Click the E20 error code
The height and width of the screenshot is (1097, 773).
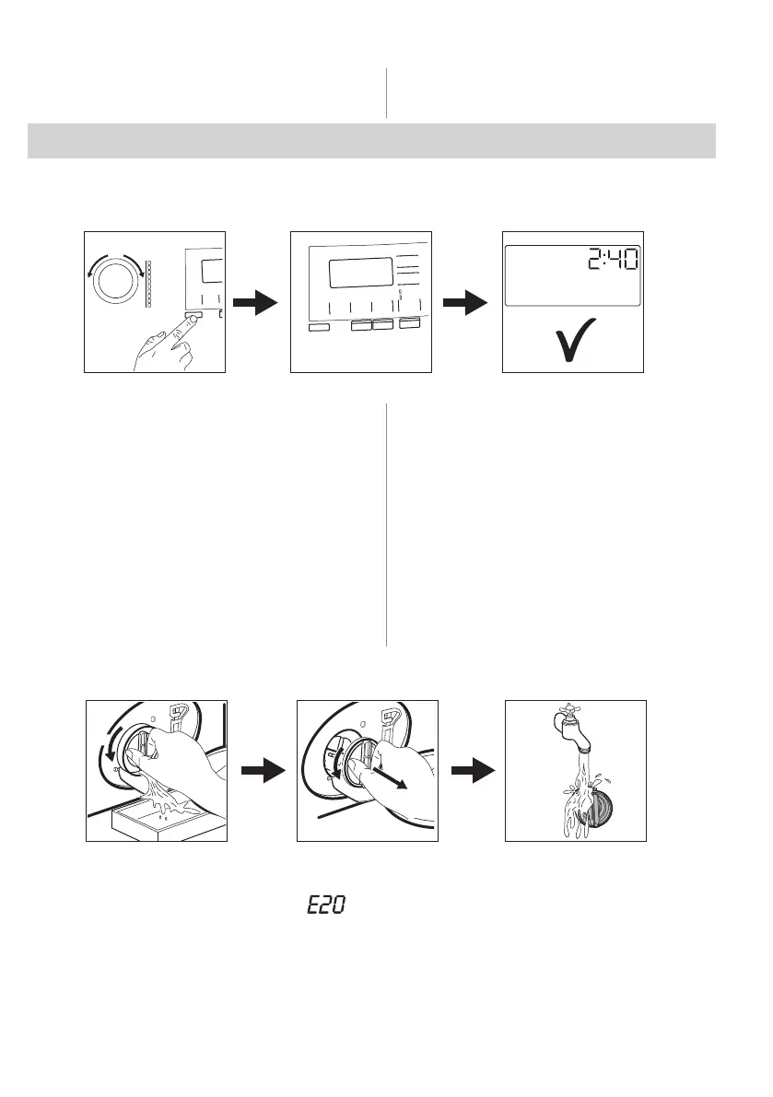pos(325,906)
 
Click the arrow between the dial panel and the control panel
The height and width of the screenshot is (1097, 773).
pos(256,303)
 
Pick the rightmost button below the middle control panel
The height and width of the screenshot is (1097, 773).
pos(409,326)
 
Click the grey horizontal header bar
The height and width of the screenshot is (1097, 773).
pos(372,140)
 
